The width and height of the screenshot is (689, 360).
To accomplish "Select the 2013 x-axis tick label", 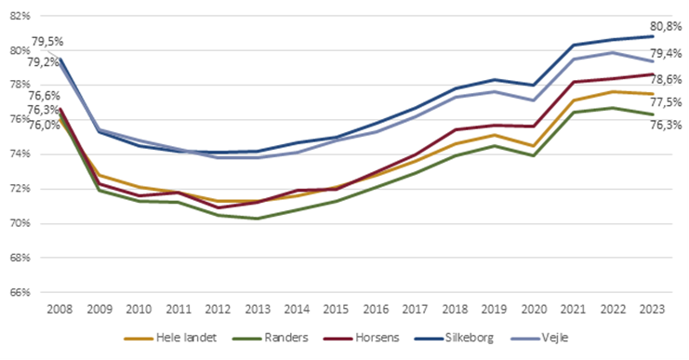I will click(x=258, y=308).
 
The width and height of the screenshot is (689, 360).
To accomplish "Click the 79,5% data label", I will click(x=47, y=42).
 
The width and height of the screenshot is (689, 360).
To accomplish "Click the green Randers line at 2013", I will click(x=258, y=219).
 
